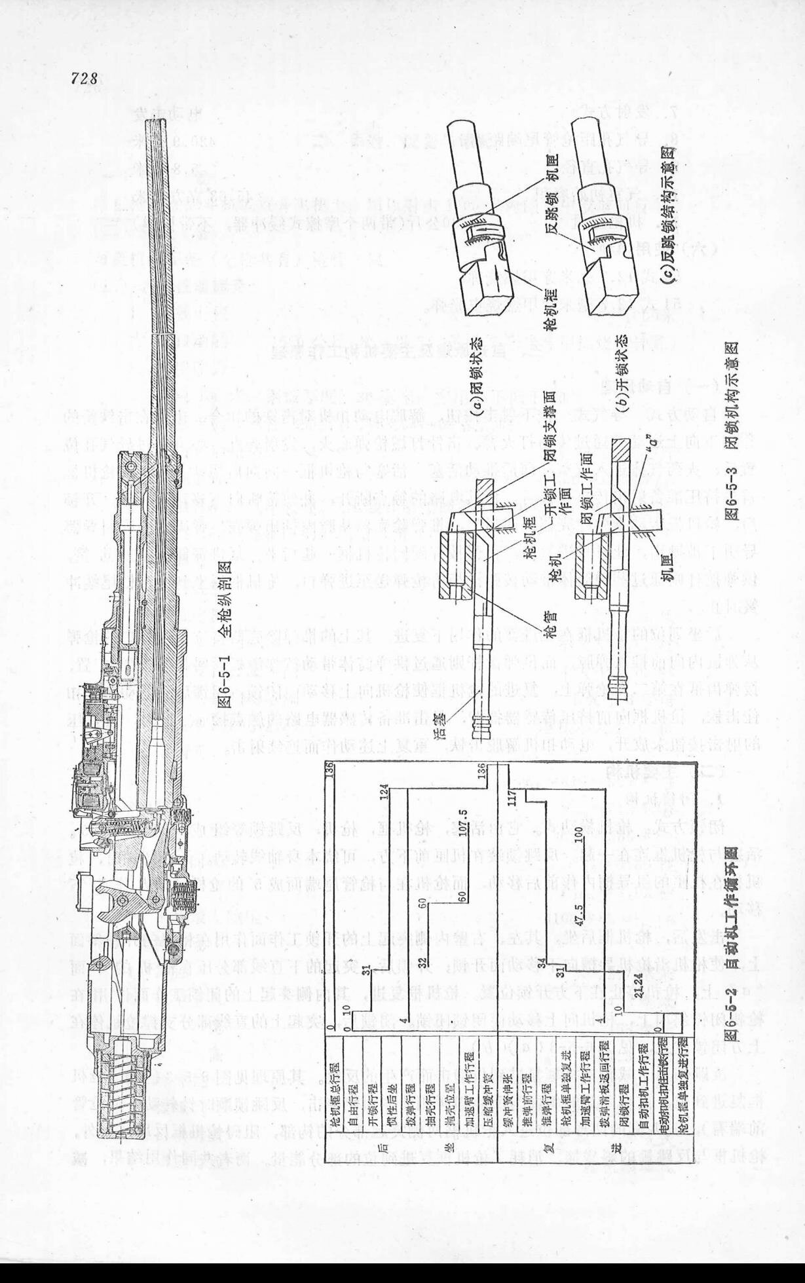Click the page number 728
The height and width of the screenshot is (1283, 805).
click(84, 79)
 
